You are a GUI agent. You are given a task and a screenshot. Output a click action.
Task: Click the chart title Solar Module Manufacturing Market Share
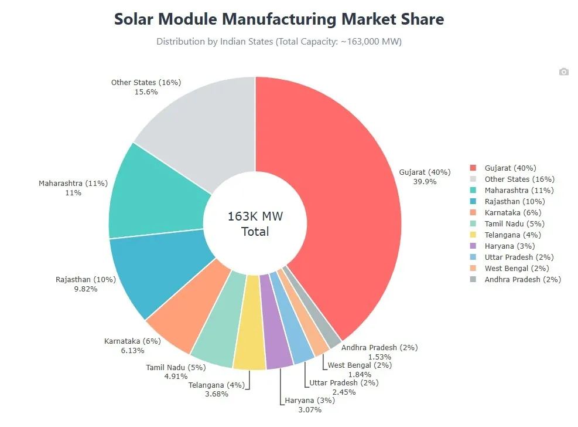click(279, 19)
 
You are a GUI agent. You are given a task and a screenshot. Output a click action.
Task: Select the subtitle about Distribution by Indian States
click(279, 42)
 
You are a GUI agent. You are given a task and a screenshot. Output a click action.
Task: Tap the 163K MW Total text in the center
click(255, 224)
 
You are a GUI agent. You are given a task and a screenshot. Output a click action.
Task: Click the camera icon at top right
click(563, 72)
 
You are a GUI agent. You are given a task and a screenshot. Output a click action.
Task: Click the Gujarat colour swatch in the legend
click(473, 168)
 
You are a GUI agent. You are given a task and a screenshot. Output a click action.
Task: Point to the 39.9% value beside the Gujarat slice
click(425, 181)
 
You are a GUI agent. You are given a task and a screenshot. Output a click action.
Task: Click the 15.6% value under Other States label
click(146, 92)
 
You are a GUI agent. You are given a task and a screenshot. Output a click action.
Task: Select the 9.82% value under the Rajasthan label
click(85, 289)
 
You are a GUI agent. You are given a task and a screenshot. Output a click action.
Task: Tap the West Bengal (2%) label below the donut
click(360, 365)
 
